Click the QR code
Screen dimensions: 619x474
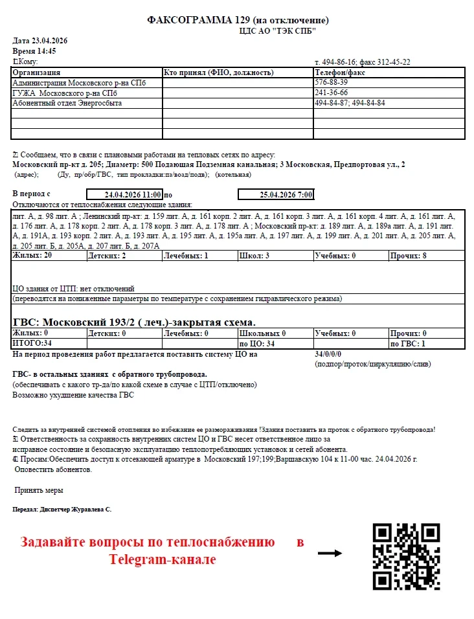click(407, 556)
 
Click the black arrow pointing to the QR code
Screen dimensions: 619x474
click(330, 553)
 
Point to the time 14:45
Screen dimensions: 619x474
click(45, 51)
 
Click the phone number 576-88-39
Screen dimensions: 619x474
click(331, 82)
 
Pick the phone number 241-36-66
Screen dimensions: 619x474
click(331, 93)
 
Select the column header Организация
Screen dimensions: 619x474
click(37, 73)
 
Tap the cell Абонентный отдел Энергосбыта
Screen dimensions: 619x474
click(67, 103)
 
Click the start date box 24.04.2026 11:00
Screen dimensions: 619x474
click(124, 194)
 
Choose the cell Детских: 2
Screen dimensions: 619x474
click(107, 256)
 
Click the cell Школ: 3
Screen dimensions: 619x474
click(254, 256)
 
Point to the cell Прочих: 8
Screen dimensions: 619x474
click(409, 256)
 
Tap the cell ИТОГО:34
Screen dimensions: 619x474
click(32, 343)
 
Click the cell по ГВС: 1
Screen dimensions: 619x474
click(407, 343)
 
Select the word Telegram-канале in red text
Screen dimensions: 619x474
click(162, 559)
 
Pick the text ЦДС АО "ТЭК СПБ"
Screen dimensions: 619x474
click(278, 30)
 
